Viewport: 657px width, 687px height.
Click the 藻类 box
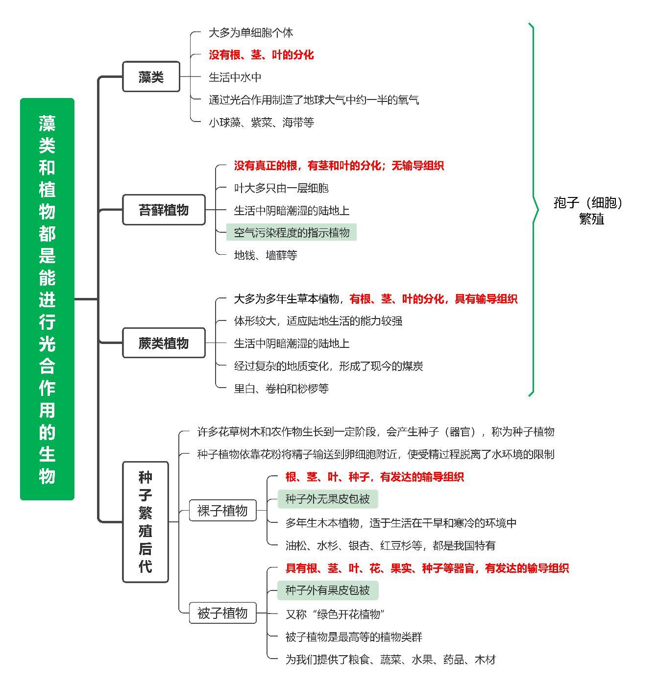[x=151, y=76]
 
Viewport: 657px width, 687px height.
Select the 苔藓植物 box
[x=164, y=210]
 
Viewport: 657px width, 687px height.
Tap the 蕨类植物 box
[x=164, y=343]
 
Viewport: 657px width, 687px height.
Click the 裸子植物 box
[x=222, y=510]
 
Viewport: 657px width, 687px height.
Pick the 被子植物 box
[x=222, y=613]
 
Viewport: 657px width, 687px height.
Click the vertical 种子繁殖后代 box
[x=146, y=522]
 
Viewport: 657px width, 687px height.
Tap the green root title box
[x=48, y=299]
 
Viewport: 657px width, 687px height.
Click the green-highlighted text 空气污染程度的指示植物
[x=292, y=232]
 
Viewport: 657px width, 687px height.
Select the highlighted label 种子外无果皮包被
[x=328, y=499]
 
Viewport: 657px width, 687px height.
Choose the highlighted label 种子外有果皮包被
[x=328, y=590]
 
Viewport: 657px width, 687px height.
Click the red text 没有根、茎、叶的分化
[x=261, y=55]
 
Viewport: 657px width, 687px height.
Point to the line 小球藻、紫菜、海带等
[x=261, y=123]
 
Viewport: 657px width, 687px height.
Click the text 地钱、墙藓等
[x=266, y=255]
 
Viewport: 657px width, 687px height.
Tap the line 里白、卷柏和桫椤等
[x=281, y=388]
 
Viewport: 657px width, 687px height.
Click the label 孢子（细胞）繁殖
[x=588, y=210]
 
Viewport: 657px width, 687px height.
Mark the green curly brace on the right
[x=533, y=210]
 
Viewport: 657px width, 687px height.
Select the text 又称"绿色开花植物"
[x=335, y=614]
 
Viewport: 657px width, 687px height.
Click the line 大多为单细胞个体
[x=251, y=32]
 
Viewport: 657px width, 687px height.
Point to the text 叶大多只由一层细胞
[x=281, y=188]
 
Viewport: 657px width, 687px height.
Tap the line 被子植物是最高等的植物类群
[x=354, y=637]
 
